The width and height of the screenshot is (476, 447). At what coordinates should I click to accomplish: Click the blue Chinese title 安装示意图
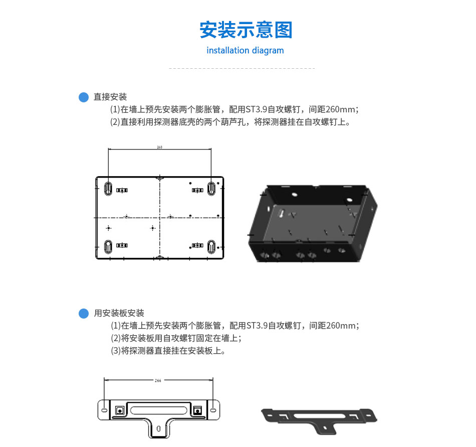click(246, 30)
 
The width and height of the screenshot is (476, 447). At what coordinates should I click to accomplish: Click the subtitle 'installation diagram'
click(245, 50)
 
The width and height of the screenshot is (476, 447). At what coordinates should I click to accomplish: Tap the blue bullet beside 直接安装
click(84, 97)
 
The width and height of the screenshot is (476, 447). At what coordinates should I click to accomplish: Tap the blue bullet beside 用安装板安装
click(84, 313)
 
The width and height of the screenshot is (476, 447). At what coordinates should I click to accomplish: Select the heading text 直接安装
click(110, 97)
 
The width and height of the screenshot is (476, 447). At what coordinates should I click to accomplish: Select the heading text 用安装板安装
click(119, 313)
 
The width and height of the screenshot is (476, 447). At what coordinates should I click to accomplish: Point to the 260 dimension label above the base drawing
click(160, 147)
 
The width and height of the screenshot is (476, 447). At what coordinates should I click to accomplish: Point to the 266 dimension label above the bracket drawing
click(158, 380)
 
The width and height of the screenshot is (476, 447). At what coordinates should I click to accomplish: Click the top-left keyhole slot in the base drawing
click(108, 189)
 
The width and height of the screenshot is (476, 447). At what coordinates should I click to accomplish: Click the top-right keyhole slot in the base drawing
click(211, 189)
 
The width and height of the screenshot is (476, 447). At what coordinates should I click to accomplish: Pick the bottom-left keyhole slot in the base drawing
click(108, 246)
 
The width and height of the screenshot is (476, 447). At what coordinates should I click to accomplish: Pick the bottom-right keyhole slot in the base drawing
click(211, 246)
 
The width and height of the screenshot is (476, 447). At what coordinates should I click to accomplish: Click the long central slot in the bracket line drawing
click(159, 410)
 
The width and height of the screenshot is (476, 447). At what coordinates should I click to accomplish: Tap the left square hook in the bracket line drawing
click(120, 410)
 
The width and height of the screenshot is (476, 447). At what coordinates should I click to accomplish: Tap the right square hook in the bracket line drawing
click(197, 410)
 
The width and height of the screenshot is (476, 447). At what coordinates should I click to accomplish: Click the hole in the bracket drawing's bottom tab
click(158, 429)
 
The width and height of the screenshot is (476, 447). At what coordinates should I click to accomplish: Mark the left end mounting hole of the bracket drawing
click(104, 410)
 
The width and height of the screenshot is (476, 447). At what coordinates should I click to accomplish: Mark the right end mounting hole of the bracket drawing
click(213, 410)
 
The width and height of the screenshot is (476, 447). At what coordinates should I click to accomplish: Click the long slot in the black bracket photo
click(320, 415)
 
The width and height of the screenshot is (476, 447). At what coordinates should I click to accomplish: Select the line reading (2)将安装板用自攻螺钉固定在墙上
click(176, 338)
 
